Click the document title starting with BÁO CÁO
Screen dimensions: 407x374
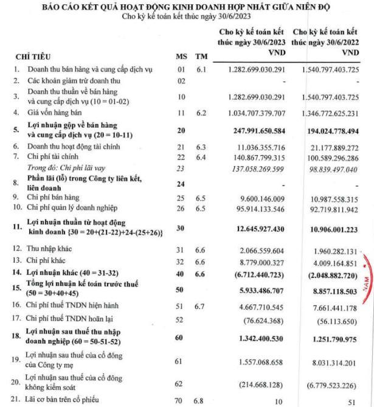187,7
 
